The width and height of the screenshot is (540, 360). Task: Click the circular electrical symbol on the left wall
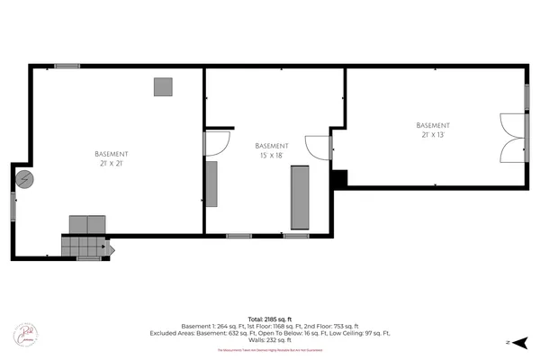(x=26, y=178)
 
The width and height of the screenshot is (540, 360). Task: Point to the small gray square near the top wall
(x=163, y=86)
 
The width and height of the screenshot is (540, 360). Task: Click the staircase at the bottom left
(x=83, y=245)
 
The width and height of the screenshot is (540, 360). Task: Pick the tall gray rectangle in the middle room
(x=299, y=197)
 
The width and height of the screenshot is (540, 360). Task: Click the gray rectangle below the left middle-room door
(x=211, y=184)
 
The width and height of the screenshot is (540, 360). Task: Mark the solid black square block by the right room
(x=339, y=178)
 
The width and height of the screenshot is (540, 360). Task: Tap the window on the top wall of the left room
(x=67, y=66)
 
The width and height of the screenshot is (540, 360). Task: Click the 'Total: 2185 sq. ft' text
(x=270, y=319)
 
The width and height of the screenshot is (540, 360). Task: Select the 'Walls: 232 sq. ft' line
(x=270, y=340)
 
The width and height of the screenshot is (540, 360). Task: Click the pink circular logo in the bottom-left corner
(x=26, y=334)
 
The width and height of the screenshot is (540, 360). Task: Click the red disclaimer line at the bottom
(x=270, y=349)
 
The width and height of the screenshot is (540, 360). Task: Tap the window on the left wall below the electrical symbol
(x=13, y=205)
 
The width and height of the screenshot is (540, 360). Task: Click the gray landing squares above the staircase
(x=88, y=223)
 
